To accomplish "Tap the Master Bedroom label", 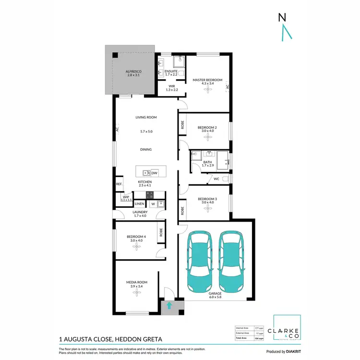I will (207, 80).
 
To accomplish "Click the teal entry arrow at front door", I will (168, 305).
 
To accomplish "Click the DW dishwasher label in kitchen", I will (155, 173).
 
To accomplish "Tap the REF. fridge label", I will (119, 184).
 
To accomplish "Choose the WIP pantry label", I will (126, 197).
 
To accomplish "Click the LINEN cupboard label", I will (139, 204).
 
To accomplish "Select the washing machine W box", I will (153, 204).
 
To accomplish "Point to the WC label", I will (216, 179).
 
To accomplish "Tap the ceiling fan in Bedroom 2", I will (207, 137).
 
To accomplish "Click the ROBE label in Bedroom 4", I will (161, 232).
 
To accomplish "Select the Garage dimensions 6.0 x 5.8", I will (215, 297).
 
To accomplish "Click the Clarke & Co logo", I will (287, 331).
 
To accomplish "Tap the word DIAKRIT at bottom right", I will (291, 351).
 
